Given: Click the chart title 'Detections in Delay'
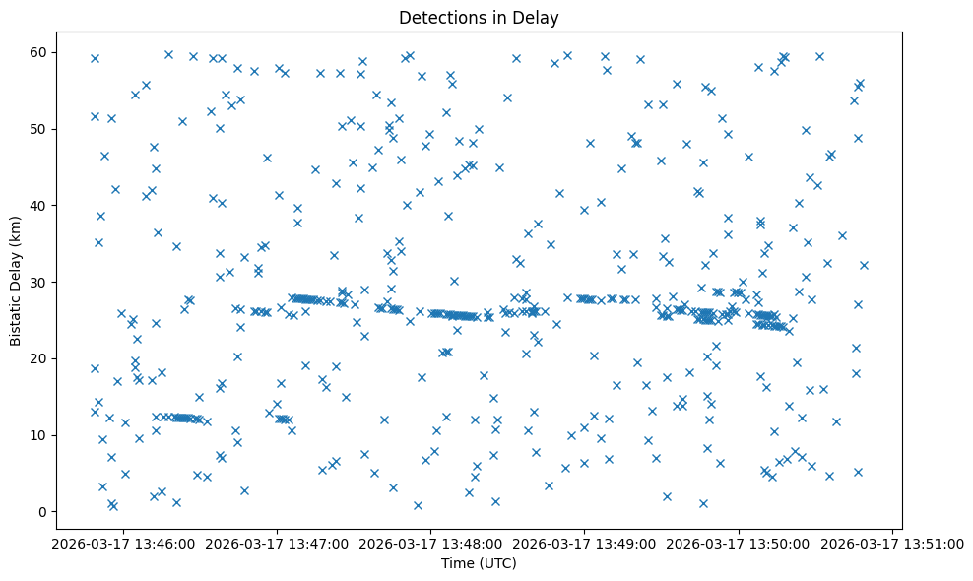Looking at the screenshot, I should pyautogui.click(x=479, y=17).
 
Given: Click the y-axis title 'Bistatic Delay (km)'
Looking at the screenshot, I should pyautogui.click(x=16, y=281).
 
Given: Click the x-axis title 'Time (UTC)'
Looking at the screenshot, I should pyautogui.click(x=479, y=563).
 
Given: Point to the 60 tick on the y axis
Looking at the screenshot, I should pyautogui.click(x=48, y=52).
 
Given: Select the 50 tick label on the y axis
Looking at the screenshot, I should pyautogui.click(x=48, y=129).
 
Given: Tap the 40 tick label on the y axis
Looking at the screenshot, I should pyautogui.click(x=48, y=205).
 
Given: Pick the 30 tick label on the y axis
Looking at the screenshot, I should pyautogui.click(x=48, y=282).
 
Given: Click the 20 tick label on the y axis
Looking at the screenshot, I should pyautogui.click(x=48, y=358).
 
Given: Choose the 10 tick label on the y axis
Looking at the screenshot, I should pyautogui.click(x=48, y=434).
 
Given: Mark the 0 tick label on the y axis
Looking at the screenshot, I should pyautogui.click(x=52, y=511).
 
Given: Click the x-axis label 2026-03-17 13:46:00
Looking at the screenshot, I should pyautogui.click(x=123, y=543).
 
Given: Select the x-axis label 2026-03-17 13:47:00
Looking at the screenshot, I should pyautogui.click(x=278, y=543).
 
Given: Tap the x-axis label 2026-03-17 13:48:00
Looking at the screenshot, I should pyautogui.click(x=431, y=543).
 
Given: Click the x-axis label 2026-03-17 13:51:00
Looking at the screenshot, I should pyautogui.click(x=892, y=543).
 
